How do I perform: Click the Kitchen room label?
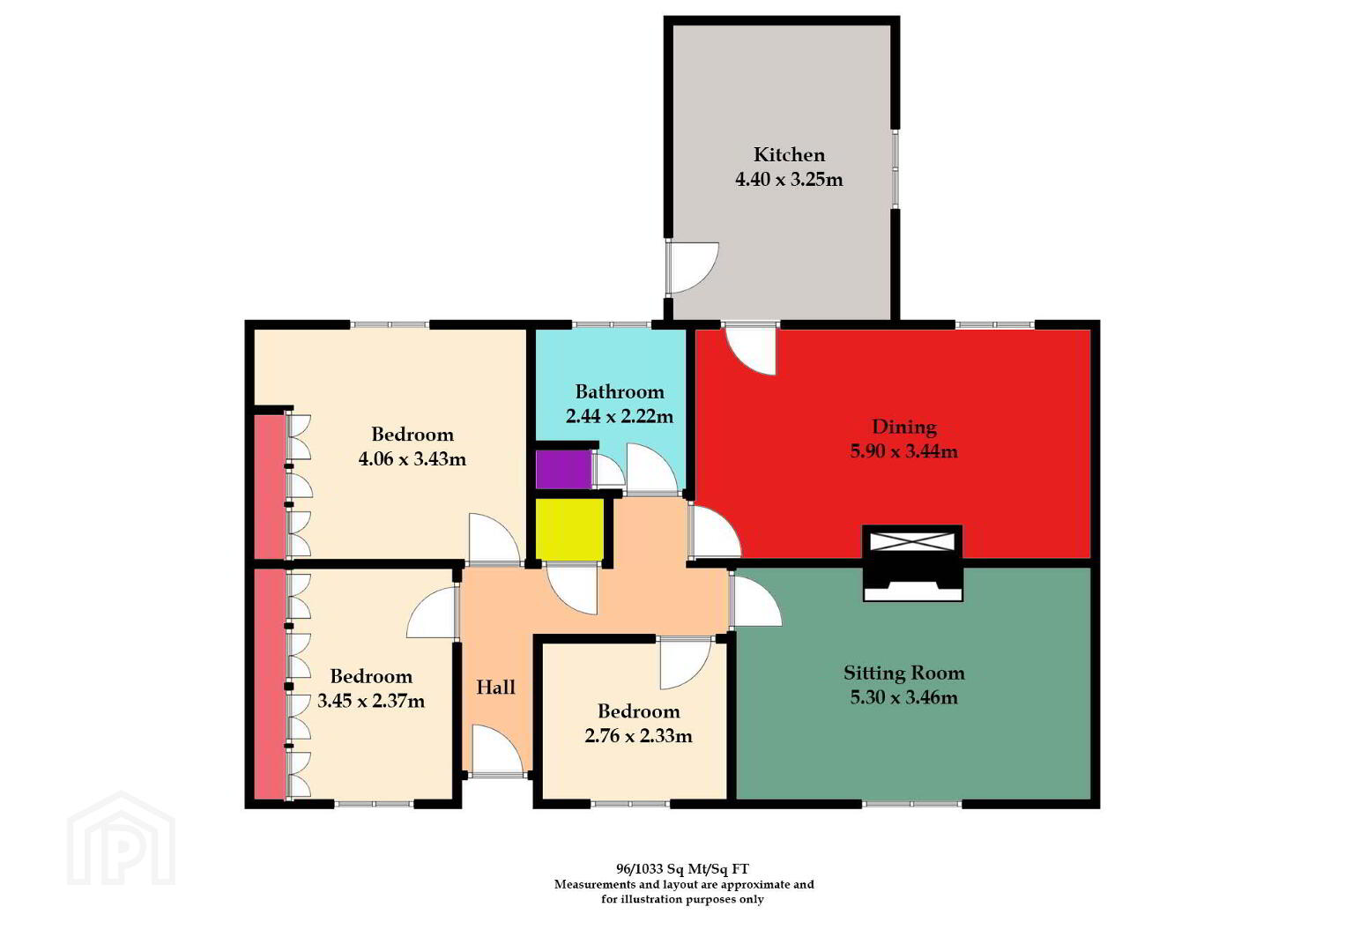coord(789,155)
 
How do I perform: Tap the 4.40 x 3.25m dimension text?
coord(789,180)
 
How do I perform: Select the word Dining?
coord(903,427)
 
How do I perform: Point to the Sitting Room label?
coord(903,673)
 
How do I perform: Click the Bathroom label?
coord(620,391)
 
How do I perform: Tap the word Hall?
coord(495,688)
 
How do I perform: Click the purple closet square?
coord(563,469)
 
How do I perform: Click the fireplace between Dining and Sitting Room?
coord(913,563)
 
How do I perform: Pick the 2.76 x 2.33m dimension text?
coord(638,736)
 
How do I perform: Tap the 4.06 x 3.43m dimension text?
coord(412,459)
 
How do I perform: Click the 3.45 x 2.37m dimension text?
coord(370,701)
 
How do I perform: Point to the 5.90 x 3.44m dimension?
coord(903,451)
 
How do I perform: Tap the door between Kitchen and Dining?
coord(751,350)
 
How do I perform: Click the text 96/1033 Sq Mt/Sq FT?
coord(683,868)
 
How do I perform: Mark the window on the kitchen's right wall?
coord(895,169)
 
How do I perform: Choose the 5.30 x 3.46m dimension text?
coord(903,697)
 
